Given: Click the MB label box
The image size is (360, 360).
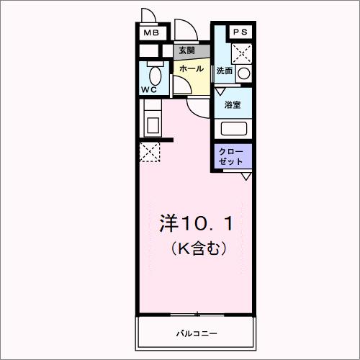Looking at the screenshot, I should click(151, 33).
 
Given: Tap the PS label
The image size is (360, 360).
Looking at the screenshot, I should click(239, 32).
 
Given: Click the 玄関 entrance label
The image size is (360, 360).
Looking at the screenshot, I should click(186, 51).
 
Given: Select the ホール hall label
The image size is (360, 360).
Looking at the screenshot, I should click(191, 68).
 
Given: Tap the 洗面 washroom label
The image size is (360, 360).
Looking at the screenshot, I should click(225, 71).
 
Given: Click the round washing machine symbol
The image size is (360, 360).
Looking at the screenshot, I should click(244, 73).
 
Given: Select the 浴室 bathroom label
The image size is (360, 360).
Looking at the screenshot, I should click(232, 105).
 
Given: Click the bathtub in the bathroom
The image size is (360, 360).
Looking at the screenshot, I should click(233, 129).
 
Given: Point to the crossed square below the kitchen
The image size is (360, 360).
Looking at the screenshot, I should click(150, 152).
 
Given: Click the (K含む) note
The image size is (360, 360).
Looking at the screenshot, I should click(199, 249).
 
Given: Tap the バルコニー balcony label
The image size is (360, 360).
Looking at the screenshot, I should click(196, 334).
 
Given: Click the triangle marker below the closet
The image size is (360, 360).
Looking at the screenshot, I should click(246, 176).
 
